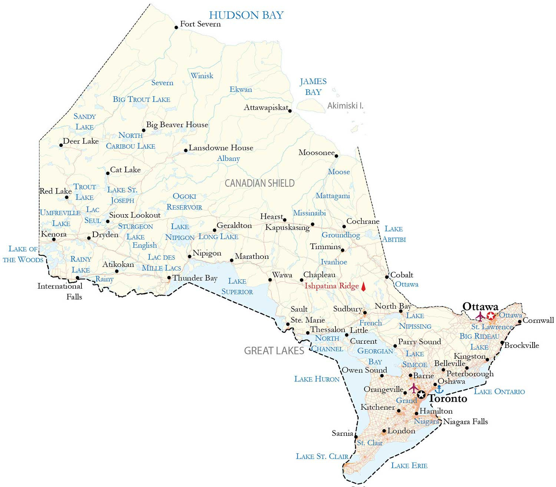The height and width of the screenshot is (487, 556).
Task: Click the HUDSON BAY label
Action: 246,15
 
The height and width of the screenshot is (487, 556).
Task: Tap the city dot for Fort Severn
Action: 176,27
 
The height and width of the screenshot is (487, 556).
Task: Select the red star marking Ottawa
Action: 491,316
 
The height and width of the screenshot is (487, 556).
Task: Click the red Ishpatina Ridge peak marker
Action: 363,286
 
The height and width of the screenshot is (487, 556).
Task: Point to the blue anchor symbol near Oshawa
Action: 439,389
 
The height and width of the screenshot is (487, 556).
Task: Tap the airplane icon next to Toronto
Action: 414,388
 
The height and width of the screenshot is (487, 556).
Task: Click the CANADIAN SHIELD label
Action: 259,183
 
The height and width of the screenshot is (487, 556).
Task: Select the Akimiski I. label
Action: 345,106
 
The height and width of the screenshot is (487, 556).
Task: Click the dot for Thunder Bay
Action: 169,277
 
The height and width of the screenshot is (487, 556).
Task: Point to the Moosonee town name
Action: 317,152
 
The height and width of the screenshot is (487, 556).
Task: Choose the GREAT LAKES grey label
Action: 274,351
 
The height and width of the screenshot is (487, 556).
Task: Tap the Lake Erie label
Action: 409,465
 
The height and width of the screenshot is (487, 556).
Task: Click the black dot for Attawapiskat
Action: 290,111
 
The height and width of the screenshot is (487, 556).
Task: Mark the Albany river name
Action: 228,158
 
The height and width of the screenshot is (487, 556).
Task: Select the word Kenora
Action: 54,234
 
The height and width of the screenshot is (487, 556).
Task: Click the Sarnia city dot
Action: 356,437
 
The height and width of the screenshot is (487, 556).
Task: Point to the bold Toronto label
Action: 448,399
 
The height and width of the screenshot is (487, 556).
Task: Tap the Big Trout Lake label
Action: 141,99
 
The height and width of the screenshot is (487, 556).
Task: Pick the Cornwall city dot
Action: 520,322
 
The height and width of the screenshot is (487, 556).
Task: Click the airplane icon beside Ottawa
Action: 480,316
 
